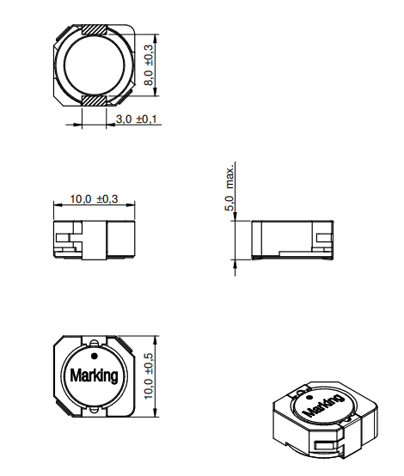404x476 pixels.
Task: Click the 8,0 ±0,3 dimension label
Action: (149, 64)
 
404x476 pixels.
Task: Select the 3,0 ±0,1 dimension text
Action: (135, 119)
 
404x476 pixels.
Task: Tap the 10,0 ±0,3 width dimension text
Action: (94, 198)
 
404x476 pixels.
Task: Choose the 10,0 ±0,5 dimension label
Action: (149, 375)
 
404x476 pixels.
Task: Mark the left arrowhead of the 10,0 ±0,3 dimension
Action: (56, 205)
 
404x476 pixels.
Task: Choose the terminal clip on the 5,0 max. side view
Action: (323, 240)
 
